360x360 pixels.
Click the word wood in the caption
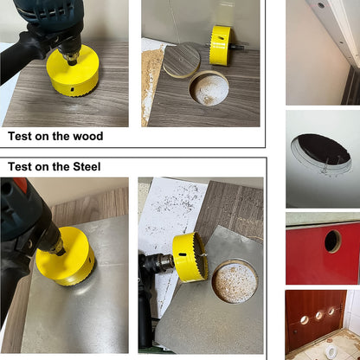[x=85, y=136]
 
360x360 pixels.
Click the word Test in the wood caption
[x=23, y=136]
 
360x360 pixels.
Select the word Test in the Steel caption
[x=23, y=166]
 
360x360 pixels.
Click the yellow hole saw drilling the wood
[x=74, y=71]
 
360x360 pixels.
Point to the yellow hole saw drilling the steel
[x=66, y=257]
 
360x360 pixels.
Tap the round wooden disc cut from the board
[x=182, y=60]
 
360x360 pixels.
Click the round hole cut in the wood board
[x=209, y=89]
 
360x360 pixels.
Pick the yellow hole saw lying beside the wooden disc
[x=220, y=45]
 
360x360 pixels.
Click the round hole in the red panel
[x=332, y=241]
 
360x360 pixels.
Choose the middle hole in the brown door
[x=318, y=315]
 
